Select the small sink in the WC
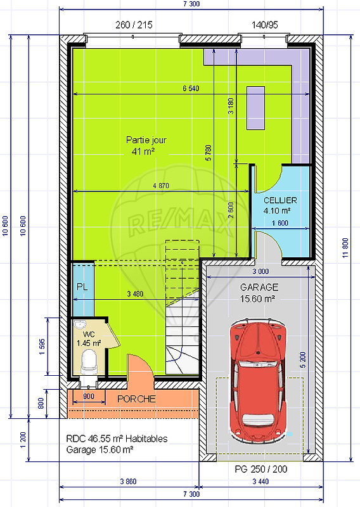click(80, 324)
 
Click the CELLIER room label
click(280, 200)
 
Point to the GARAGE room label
click(259, 287)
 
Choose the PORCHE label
click(136, 399)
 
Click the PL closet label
click(82, 287)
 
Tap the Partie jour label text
click(146, 140)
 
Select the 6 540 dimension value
click(191, 88)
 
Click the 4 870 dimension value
click(161, 186)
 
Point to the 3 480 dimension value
click(135, 294)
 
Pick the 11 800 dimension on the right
click(345, 248)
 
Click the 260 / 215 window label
click(134, 25)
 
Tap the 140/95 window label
click(264, 25)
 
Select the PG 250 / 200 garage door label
click(261, 469)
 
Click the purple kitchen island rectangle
click(255, 108)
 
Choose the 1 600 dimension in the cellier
click(280, 223)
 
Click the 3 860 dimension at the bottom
click(129, 482)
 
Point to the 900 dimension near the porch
click(89, 397)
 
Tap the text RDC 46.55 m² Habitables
click(117, 439)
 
